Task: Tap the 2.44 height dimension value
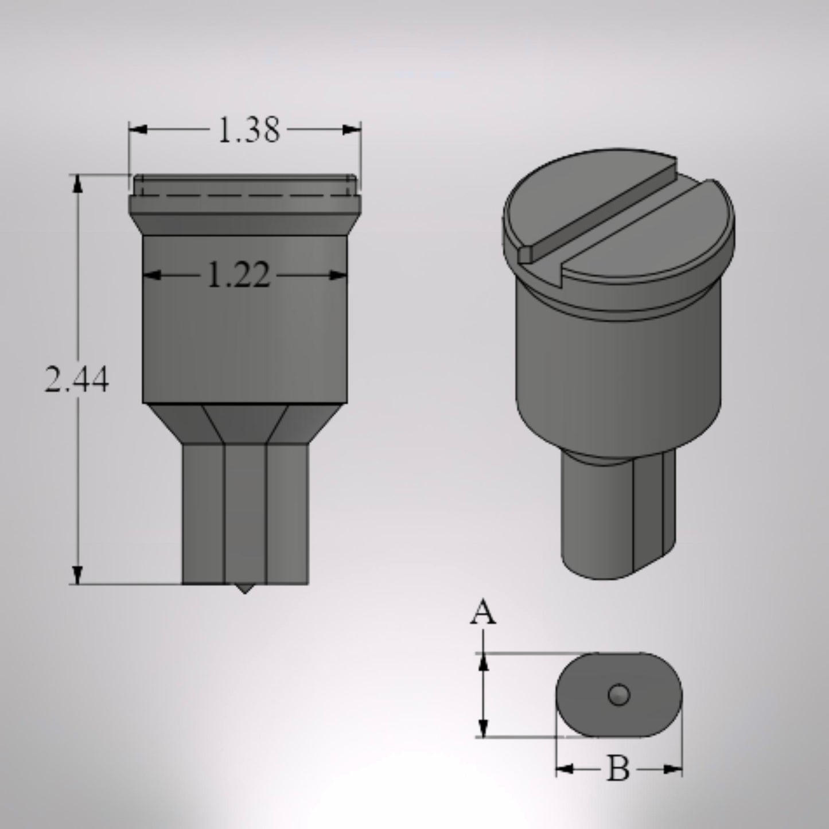(x=77, y=380)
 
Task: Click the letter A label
(x=483, y=614)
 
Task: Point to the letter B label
(x=618, y=769)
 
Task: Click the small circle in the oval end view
(x=619, y=695)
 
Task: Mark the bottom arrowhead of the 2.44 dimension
(x=77, y=575)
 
